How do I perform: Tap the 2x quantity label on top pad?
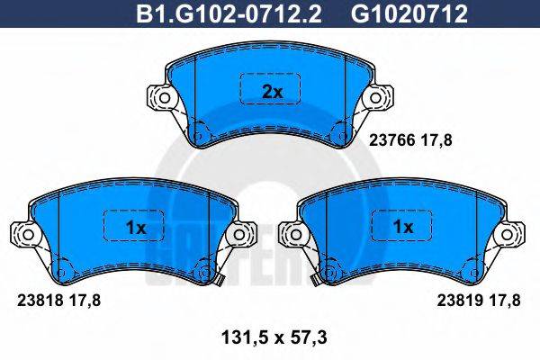click(272, 91)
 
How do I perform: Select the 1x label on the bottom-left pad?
click(135, 228)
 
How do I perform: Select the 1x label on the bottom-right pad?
click(404, 228)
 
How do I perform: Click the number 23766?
click(390, 139)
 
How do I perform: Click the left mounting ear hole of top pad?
click(163, 96)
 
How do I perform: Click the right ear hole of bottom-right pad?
click(511, 235)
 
